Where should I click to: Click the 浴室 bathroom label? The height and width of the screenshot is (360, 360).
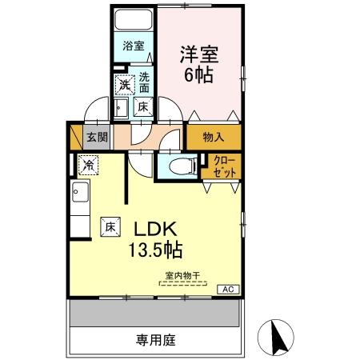134,46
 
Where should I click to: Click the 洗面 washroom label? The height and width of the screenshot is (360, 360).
144,82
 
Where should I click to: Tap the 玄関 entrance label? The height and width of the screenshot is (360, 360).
97,136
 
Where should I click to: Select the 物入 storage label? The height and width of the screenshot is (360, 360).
214,137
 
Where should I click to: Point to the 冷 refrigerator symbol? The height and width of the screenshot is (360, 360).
89,165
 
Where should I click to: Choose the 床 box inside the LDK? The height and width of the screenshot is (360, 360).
110,227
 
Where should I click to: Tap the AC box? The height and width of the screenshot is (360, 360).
226,290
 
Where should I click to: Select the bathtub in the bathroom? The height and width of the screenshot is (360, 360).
134,20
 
